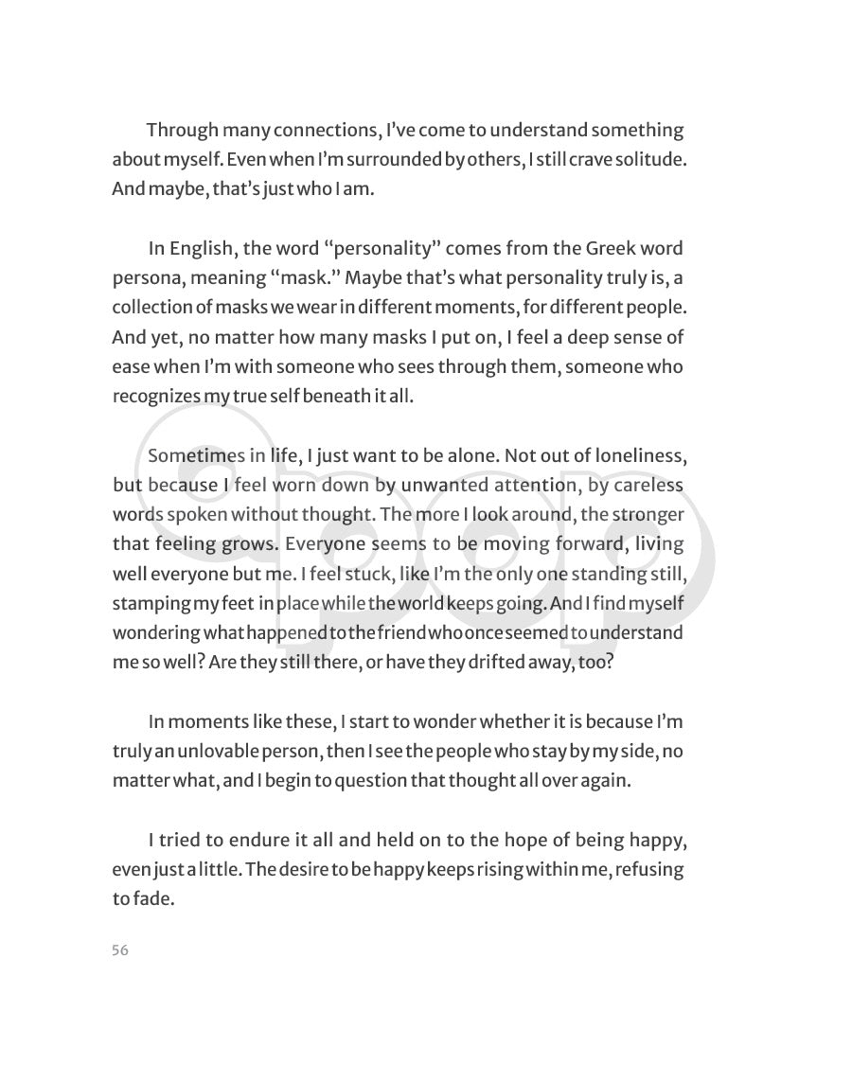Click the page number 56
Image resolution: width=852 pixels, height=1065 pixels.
(119, 951)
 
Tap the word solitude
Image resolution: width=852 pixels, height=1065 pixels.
(651, 159)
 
